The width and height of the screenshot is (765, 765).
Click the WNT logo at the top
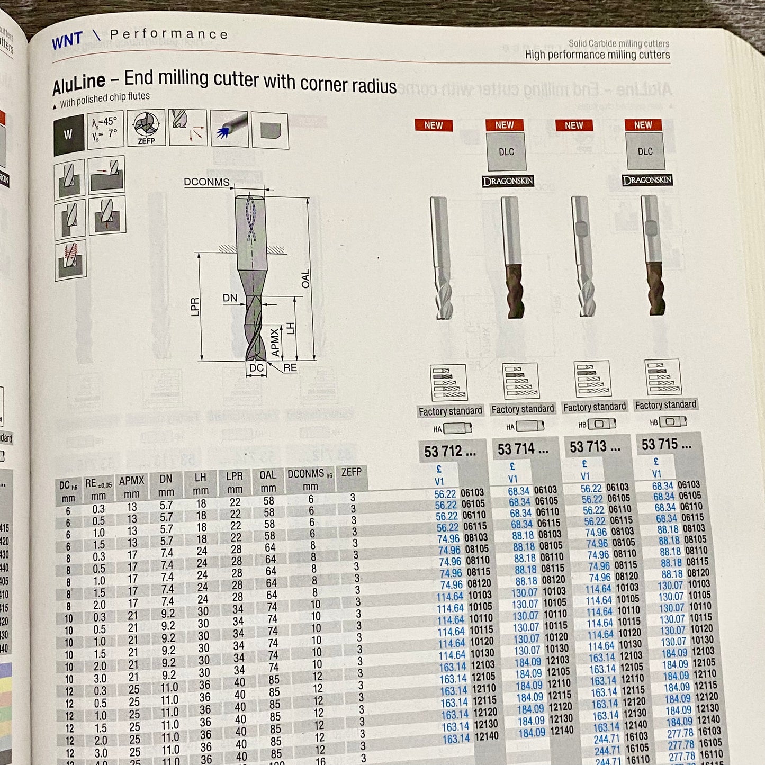point(67,40)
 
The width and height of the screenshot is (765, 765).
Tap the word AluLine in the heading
point(79,83)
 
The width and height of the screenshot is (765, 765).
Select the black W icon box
point(68,135)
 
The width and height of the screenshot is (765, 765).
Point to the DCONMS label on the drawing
point(206,182)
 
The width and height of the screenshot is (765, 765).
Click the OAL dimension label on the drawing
point(305,279)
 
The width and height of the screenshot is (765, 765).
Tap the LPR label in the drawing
point(195,308)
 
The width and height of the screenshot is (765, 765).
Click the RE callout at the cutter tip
point(290,367)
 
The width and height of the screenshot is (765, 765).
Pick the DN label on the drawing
point(230,298)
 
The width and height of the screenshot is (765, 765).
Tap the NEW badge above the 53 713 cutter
point(574,125)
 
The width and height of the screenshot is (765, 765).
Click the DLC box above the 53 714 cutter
point(506,152)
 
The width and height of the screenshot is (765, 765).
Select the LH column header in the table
point(201,483)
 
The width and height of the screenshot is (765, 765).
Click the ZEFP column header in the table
point(352,472)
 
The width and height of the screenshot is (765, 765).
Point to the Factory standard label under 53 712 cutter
point(450,411)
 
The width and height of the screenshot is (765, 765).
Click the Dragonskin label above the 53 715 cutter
point(647,180)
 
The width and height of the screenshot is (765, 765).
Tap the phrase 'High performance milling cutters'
point(597,55)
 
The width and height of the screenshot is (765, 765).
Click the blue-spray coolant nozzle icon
point(229,129)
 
